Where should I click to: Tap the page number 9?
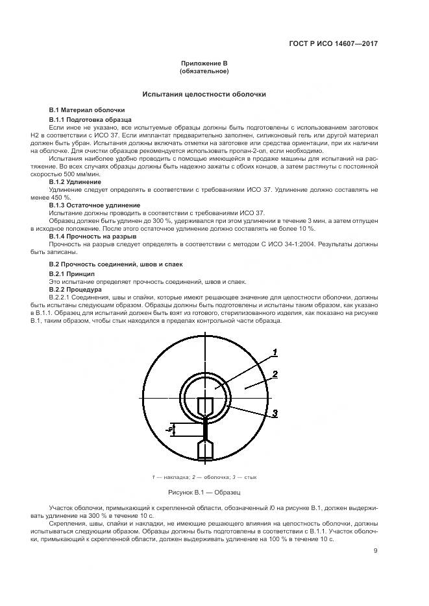click(x=376, y=551)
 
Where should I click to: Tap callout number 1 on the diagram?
click(x=275, y=353)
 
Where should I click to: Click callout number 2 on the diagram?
click(x=275, y=374)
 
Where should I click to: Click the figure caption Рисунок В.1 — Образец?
click(x=204, y=492)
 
